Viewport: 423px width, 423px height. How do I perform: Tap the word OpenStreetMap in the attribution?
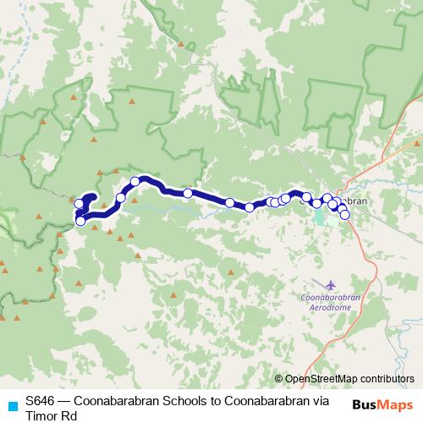click(x=321, y=379)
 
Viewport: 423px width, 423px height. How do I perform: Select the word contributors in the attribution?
click(x=387, y=379)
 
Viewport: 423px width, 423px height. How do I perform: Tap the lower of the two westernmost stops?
click(x=80, y=221)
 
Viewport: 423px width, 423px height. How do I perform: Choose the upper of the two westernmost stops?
click(x=80, y=203)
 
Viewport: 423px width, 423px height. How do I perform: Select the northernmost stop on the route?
click(x=135, y=181)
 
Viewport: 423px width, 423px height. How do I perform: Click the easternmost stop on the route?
click(x=345, y=215)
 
